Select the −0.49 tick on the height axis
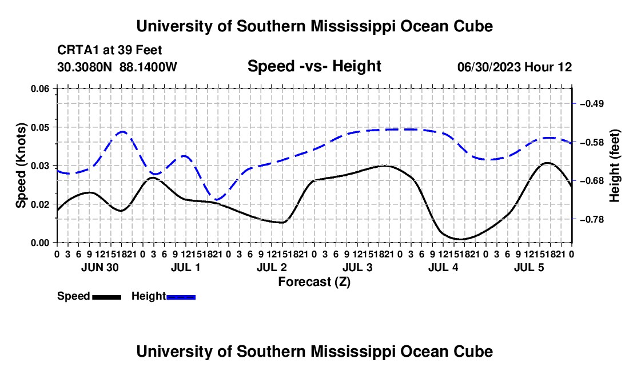click(592, 104)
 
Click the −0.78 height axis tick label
click(592, 219)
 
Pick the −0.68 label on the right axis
click(592, 181)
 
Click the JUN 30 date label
click(100, 267)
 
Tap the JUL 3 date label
click(357, 267)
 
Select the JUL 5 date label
click(529, 267)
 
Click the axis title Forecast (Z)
click(314, 282)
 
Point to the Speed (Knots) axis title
click(21, 166)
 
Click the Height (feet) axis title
click(614, 166)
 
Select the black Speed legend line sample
click(107, 297)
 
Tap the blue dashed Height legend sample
click(181, 297)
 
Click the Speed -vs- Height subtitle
click(314, 66)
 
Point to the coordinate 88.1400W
click(148, 67)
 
